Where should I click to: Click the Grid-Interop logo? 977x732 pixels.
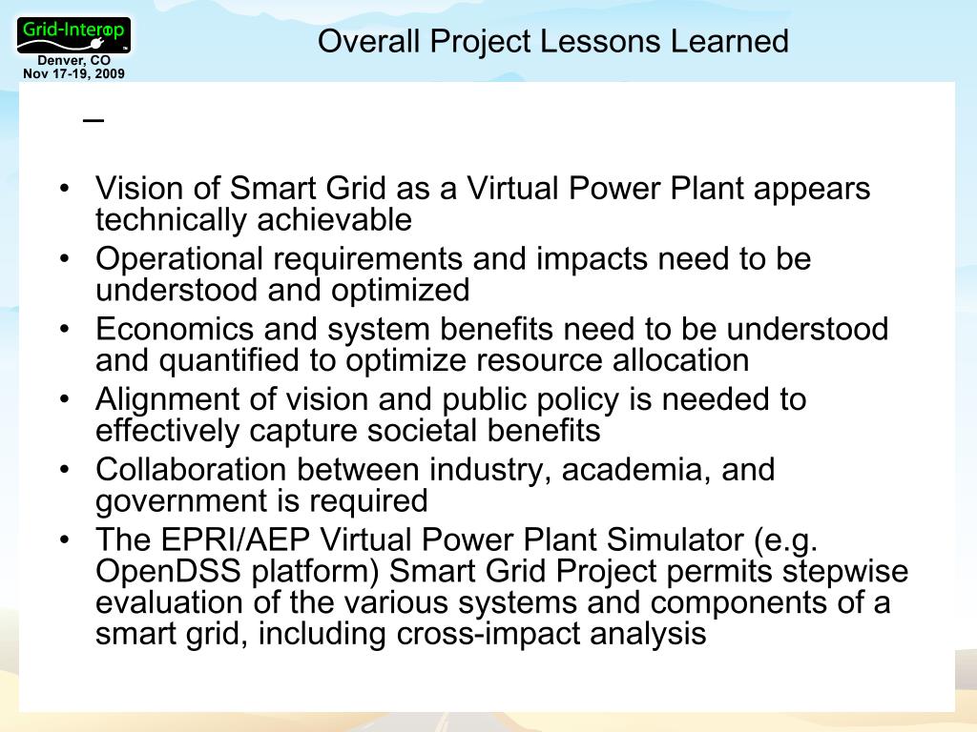[x=74, y=34]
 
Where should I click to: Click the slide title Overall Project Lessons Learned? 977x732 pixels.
[x=552, y=42]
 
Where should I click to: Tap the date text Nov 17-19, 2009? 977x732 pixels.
[x=73, y=73]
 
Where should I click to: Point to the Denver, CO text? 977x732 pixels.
[x=74, y=62]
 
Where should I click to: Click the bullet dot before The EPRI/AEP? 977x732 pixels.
[x=64, y=540]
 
